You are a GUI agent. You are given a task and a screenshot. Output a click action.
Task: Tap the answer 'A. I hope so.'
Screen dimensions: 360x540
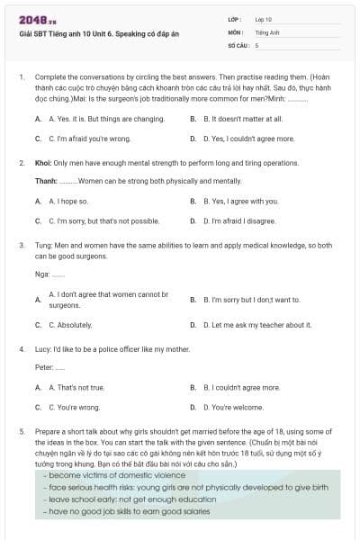pos(68,201)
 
